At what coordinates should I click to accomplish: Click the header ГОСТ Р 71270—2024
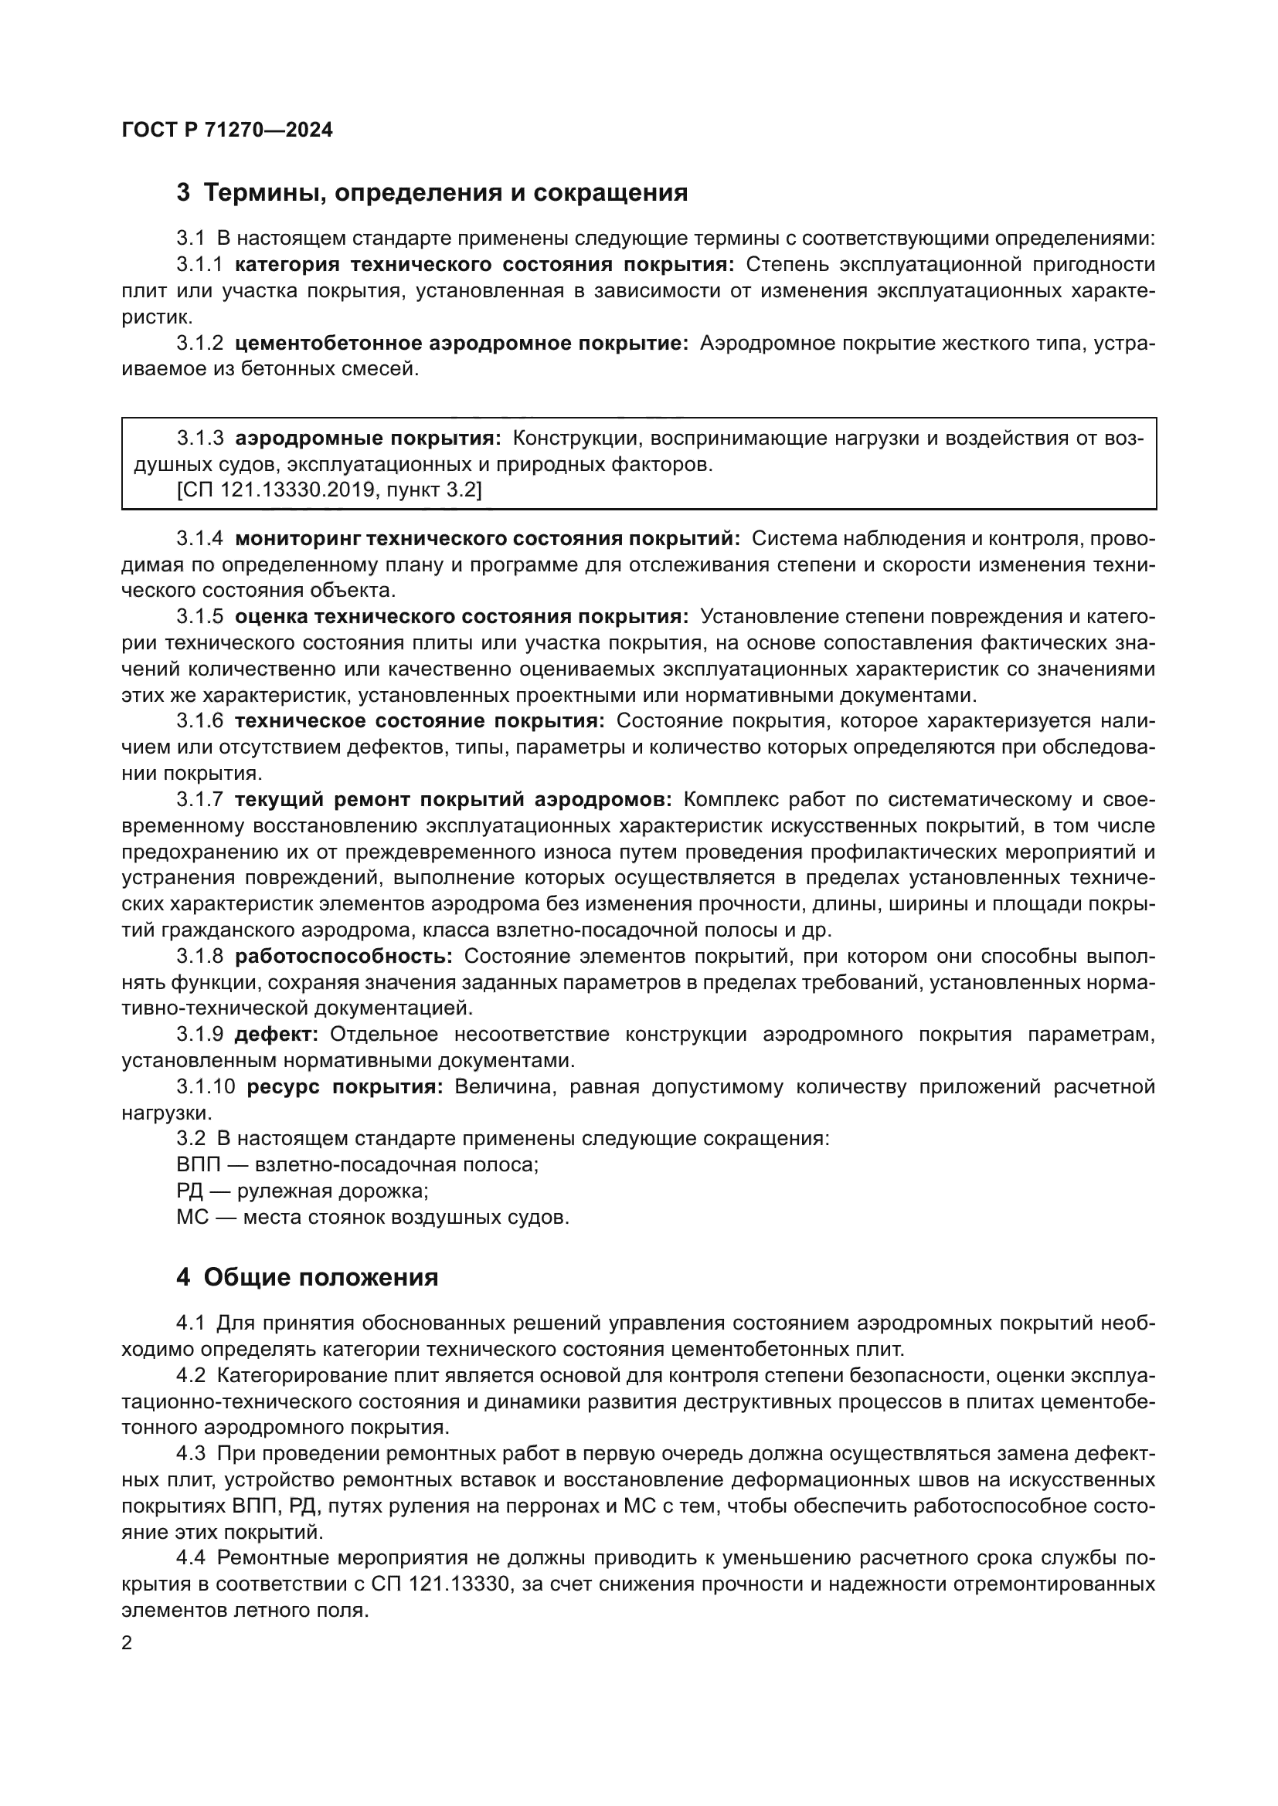pyautogui.click(x=227, y=130)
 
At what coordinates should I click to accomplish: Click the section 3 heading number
pyautogui.click(x=183, y=193)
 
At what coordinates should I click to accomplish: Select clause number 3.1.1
pyautogui.click(x=200, y=264)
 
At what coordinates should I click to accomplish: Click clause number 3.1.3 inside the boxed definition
pyautogui.click(x=200, y=438)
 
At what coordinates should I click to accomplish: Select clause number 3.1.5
pyautogui.click(x=200, y=617)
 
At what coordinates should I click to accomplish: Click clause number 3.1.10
pyautogui.click(x=206, y=1087)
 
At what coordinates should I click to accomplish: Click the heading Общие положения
pyautogui.click(x=321, y=1277)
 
